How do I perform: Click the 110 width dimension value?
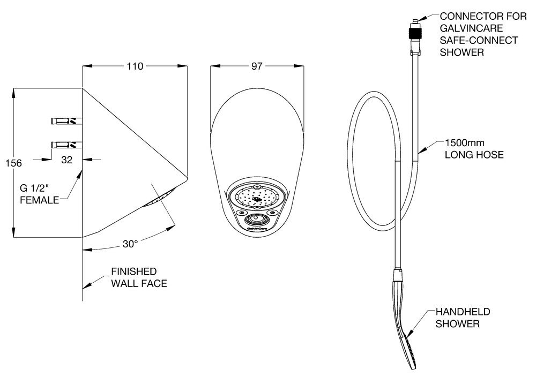(x=135, y=66)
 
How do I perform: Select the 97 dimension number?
(x=257, y=66)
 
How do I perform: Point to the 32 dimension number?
(x=68, y=159)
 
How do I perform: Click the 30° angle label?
(x=130, y=244)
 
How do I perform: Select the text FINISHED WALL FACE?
(x=138, y=277)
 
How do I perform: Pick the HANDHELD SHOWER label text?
(x=463, y=317)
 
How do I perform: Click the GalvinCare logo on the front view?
(x=257, y=228)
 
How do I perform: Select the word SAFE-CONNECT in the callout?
(x=479, y=40)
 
